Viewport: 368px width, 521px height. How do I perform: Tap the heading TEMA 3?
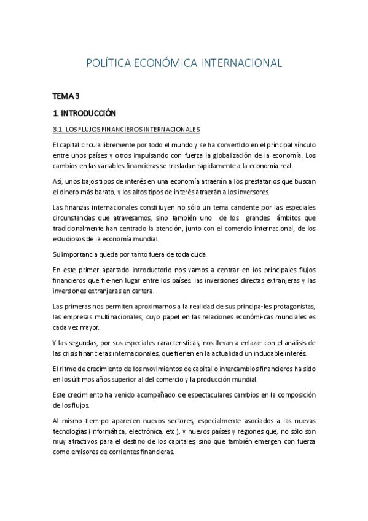(x=66, y=96)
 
